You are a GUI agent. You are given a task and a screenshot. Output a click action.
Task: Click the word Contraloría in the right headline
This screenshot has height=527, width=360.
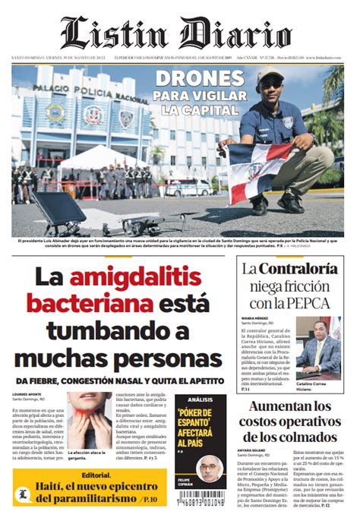click(x=298, y=268)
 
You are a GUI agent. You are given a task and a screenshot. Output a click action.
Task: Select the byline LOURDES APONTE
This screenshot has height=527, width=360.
click(x=27, y=394)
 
